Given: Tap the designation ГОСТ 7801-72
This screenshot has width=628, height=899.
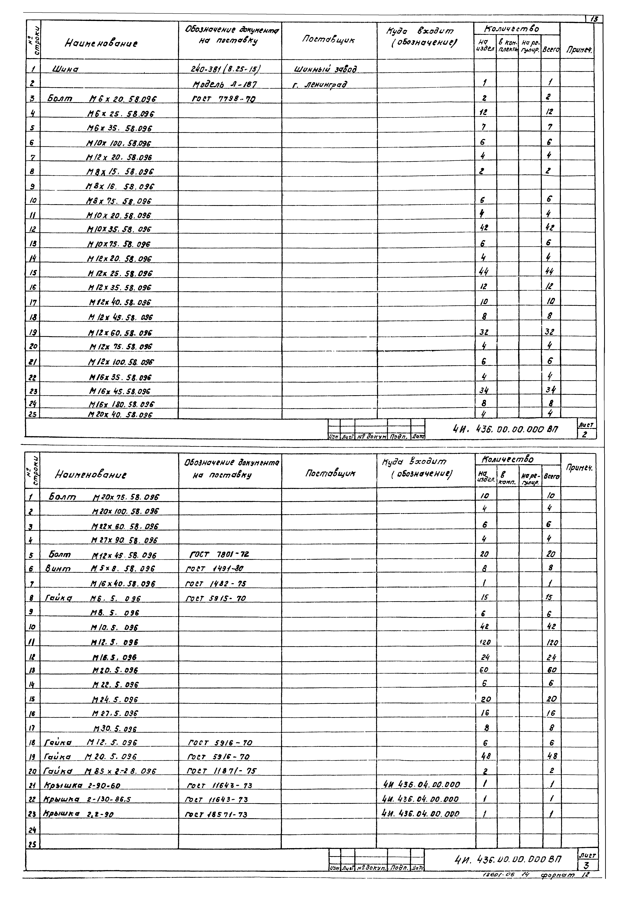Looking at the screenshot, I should coord(219,554).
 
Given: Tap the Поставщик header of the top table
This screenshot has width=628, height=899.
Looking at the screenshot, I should coord(328,40).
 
